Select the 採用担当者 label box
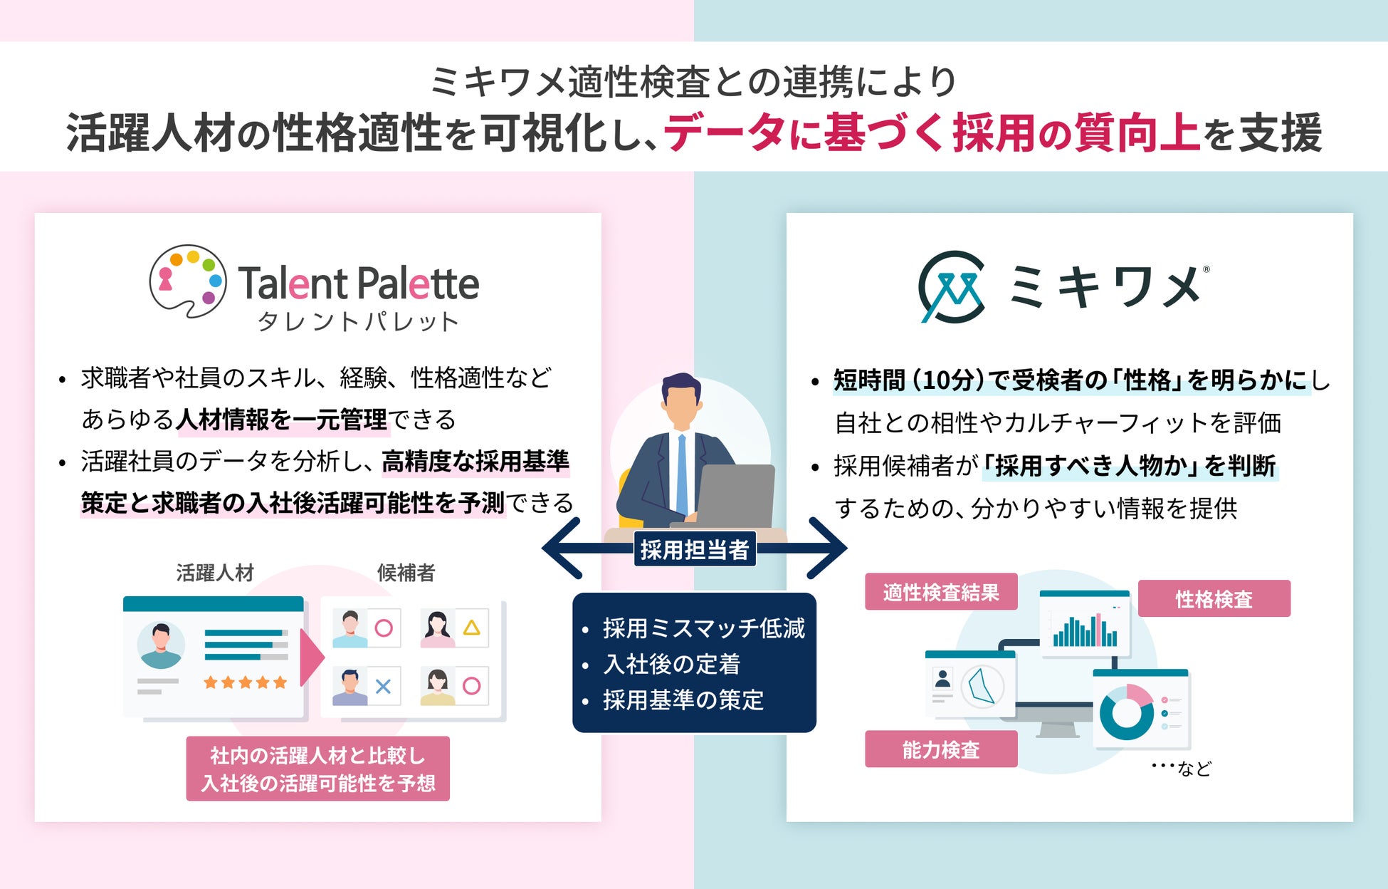tap(694, 550)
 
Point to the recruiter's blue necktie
tap(682, 473)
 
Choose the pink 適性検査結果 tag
tap(940, 592)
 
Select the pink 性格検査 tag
tap(1214, 599)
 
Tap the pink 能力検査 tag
tap(940, 749)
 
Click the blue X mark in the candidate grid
tap(383, 687)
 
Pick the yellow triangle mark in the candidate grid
tap(471, 628)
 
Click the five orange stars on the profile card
tap(245, 682)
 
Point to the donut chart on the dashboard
tap(1127, 711)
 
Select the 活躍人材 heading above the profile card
tap(215, 573)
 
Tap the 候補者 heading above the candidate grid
tap(406, 573)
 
